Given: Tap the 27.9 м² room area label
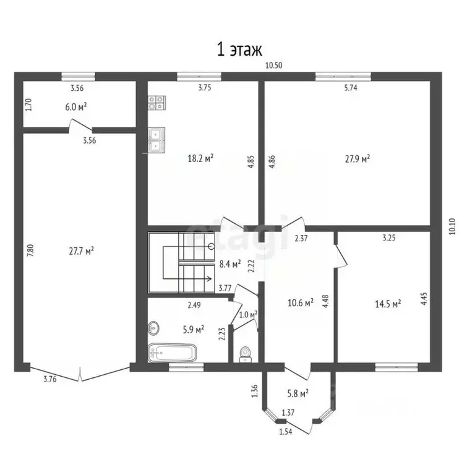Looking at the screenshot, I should [x=357, y=158].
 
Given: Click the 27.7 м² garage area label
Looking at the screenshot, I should [x=81, y=250].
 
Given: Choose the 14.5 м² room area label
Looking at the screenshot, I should [x=388, y=303].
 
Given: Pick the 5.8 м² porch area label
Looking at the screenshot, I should [x=298, y=392].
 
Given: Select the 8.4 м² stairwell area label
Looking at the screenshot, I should [x=230, y=263].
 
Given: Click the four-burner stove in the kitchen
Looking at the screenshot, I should [x=156, y=103].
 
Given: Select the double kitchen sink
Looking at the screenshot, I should [x=155, y=139].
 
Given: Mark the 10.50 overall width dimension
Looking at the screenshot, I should [x=275, y=65].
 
